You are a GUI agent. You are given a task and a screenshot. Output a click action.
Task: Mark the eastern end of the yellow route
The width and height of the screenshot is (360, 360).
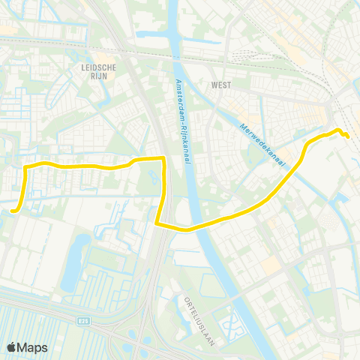point(348,136)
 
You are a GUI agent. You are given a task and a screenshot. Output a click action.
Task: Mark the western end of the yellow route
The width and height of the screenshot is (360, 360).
point(13,211)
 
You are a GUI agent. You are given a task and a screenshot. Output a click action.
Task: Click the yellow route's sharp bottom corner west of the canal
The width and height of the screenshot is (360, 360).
point(156,223)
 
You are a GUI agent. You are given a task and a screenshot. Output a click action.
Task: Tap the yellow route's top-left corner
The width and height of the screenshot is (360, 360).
point(26,164)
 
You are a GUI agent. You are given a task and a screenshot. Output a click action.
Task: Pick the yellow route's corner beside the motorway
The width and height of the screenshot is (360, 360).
point(163,157)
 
